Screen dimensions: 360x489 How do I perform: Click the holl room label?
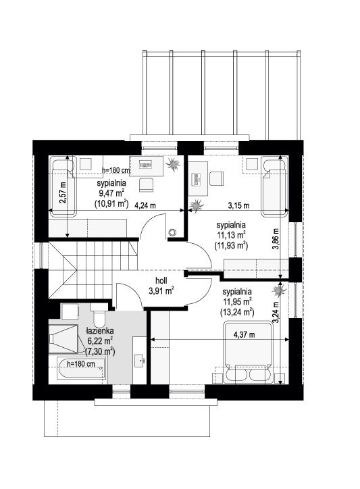161,281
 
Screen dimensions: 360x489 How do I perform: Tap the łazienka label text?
100,331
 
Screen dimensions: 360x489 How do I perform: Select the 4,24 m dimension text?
145,205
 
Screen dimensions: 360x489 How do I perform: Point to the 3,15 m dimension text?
238,205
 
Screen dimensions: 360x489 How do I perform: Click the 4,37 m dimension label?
245,335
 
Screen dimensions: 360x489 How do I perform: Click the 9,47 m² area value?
111,192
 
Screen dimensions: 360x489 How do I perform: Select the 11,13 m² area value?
231,234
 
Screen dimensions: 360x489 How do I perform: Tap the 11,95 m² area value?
237,302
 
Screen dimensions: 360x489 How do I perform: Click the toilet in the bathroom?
99,315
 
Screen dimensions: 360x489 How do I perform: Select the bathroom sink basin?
139,361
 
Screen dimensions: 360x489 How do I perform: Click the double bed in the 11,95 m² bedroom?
248,352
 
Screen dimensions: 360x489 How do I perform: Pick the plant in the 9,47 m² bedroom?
172,163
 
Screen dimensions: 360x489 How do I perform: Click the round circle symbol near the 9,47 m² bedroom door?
172,232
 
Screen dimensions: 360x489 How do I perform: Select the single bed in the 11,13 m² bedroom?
274,186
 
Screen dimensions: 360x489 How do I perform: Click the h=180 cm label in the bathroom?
81,363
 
